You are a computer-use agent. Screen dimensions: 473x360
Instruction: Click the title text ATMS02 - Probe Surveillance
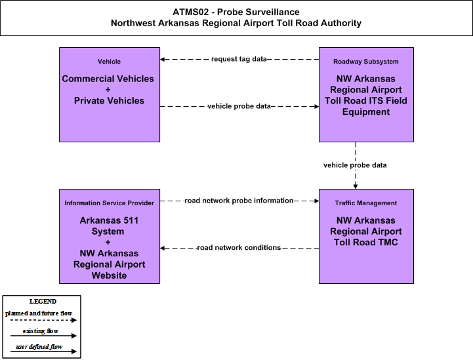coord(236,12)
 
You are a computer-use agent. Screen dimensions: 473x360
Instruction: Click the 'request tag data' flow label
coord(239,59)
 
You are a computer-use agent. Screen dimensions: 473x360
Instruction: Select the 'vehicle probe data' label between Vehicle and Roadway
coord(239,106)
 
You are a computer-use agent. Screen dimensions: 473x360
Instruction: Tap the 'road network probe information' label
coord(239,201)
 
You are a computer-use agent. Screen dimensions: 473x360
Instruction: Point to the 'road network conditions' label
coord(239,248)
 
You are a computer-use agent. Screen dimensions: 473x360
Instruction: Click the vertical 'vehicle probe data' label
coord(355,165)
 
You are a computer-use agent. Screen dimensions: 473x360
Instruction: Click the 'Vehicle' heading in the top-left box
coord(109,62)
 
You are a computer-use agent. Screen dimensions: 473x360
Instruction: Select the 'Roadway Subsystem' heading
coord(366,62)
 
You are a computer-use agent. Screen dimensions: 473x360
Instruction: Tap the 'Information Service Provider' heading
coord(109,203)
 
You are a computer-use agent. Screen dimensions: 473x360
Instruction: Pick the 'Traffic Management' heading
coord(366,203)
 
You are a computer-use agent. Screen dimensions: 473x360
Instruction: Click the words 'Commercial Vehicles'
coord(108,79)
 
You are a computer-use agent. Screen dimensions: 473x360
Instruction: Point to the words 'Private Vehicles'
coord(109,101)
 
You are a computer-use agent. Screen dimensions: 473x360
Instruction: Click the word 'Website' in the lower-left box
coord(109,275)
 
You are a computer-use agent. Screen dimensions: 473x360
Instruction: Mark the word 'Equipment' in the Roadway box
coord(366,112)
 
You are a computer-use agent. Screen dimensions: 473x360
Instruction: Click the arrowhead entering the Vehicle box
coord(162,60)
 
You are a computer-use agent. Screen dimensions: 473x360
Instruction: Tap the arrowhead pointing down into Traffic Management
coord(356,187)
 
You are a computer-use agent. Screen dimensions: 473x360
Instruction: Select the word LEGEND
coord(43,302)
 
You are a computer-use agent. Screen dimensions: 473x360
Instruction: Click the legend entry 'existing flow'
coord(41,331)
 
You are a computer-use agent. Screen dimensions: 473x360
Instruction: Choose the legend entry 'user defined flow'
coord(39,347)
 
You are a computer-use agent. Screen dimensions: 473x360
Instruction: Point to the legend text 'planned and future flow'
coord(39,313)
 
